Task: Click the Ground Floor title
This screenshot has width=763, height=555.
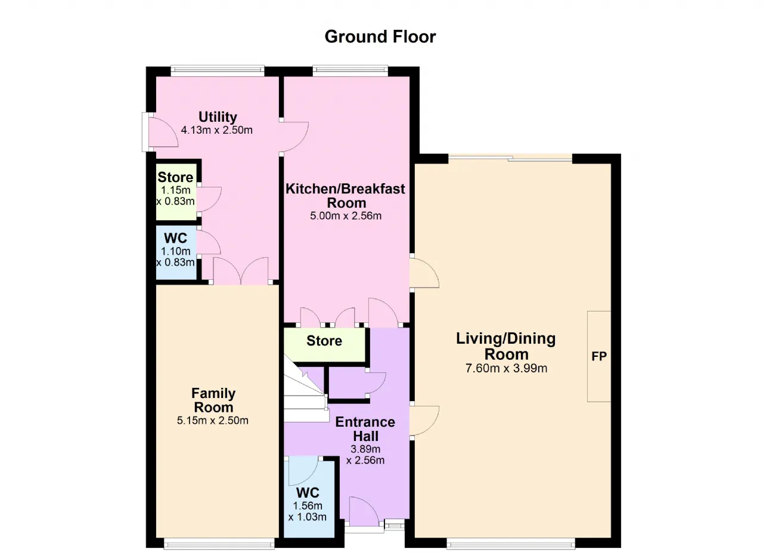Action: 380,37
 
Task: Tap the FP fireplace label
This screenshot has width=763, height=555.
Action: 599,357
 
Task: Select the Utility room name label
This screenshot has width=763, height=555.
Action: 218,117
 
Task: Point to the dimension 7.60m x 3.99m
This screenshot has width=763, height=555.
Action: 506,369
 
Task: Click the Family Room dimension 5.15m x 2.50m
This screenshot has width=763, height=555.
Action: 213,420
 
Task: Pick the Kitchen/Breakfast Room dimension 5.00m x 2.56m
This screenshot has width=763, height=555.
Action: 346,216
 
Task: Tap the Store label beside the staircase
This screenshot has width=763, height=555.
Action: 324,341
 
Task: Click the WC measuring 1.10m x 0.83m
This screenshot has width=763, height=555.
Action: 176,252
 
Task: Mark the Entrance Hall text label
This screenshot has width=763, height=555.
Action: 365,429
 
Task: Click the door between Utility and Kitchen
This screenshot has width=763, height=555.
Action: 294,137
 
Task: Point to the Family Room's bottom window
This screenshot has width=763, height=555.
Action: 219,543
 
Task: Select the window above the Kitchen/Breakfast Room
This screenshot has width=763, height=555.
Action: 350,71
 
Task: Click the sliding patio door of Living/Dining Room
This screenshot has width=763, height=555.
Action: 510,158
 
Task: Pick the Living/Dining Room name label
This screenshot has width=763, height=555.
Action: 506,346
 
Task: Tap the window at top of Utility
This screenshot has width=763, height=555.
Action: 218,71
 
